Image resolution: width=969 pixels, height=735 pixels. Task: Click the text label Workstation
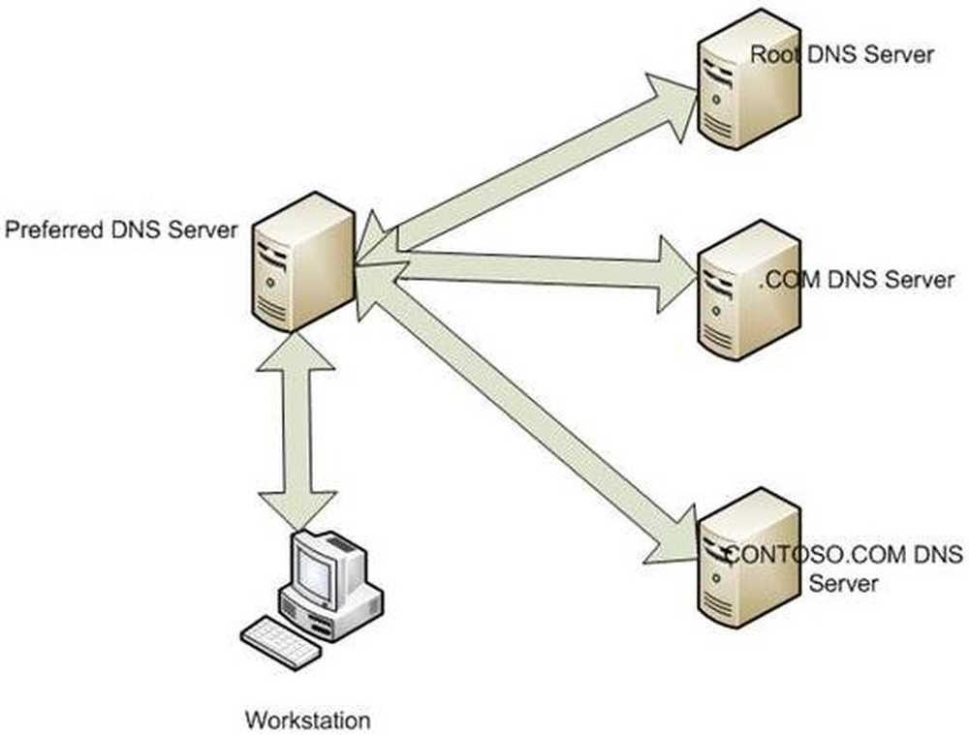pyautogui.click(x=307, y=720)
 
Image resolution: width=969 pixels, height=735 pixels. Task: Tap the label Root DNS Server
pyautogui.click(x=842, y=53)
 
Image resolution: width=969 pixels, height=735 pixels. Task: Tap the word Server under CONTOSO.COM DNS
pyautogui.click(x=843, y=583)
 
